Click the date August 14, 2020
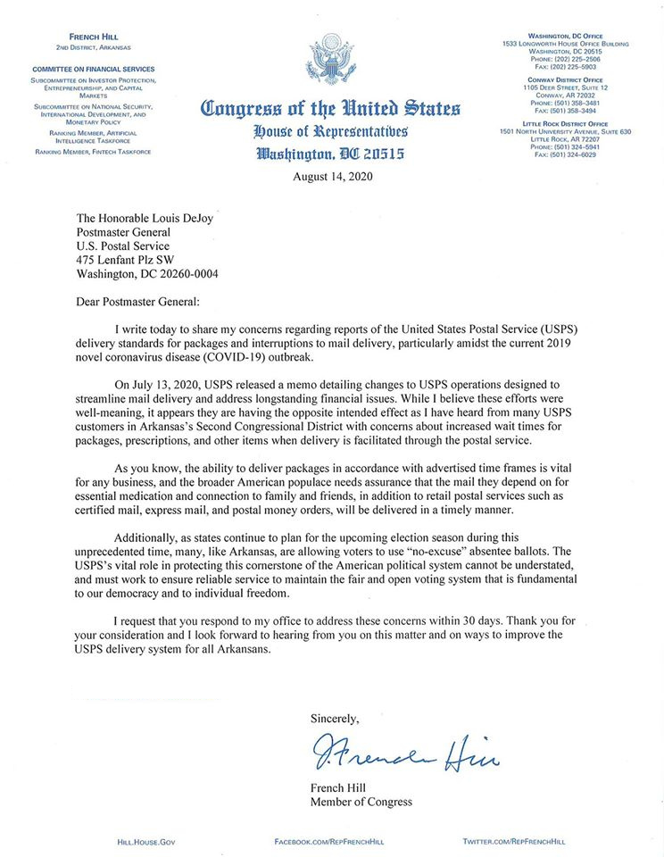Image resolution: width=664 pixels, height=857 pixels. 332,176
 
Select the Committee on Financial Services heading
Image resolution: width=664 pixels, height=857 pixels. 94,69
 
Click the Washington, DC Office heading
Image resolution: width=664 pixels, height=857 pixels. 566,36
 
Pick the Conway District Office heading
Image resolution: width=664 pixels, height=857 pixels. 566,80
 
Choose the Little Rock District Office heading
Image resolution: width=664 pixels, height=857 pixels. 566,124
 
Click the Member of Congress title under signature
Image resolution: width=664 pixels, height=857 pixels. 361,802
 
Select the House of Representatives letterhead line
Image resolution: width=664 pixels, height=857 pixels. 331,132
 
